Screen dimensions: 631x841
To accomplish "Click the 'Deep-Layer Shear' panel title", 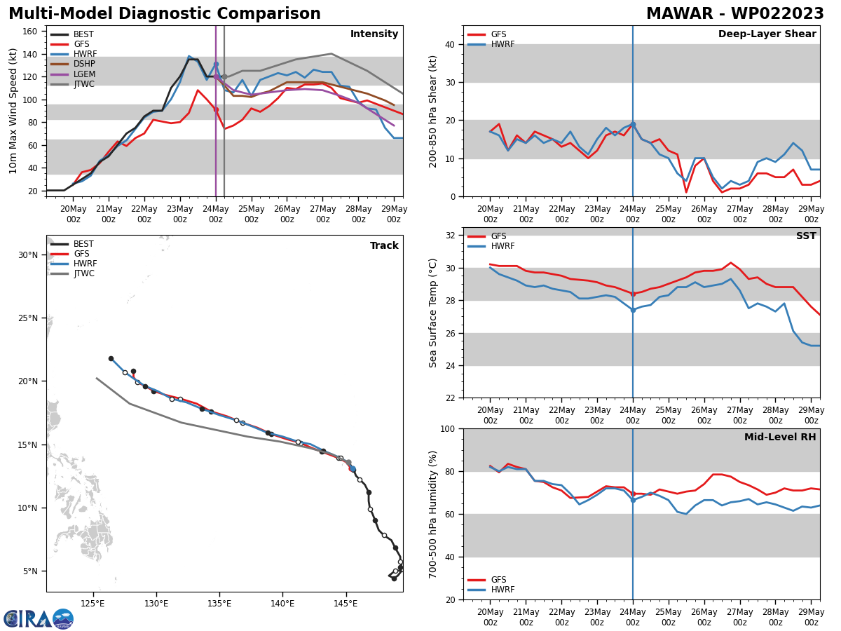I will point(767,34).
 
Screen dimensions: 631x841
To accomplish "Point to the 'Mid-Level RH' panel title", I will point(780,437).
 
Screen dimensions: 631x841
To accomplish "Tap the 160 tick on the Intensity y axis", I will point(30,32).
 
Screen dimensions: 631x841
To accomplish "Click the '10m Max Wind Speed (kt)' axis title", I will point(13,111).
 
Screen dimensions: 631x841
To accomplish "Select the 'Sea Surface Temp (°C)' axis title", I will point(433,313).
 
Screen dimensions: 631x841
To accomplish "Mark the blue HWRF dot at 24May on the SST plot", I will point(633,310).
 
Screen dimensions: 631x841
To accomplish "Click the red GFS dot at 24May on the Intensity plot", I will point(216,109).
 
